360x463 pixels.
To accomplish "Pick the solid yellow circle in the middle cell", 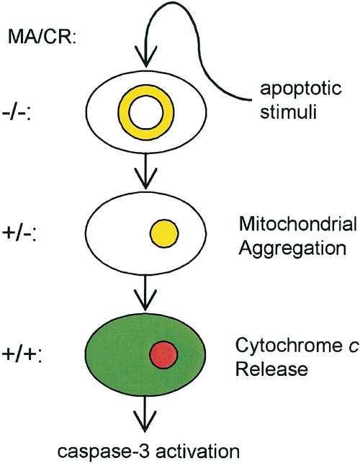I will point(163,234).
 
